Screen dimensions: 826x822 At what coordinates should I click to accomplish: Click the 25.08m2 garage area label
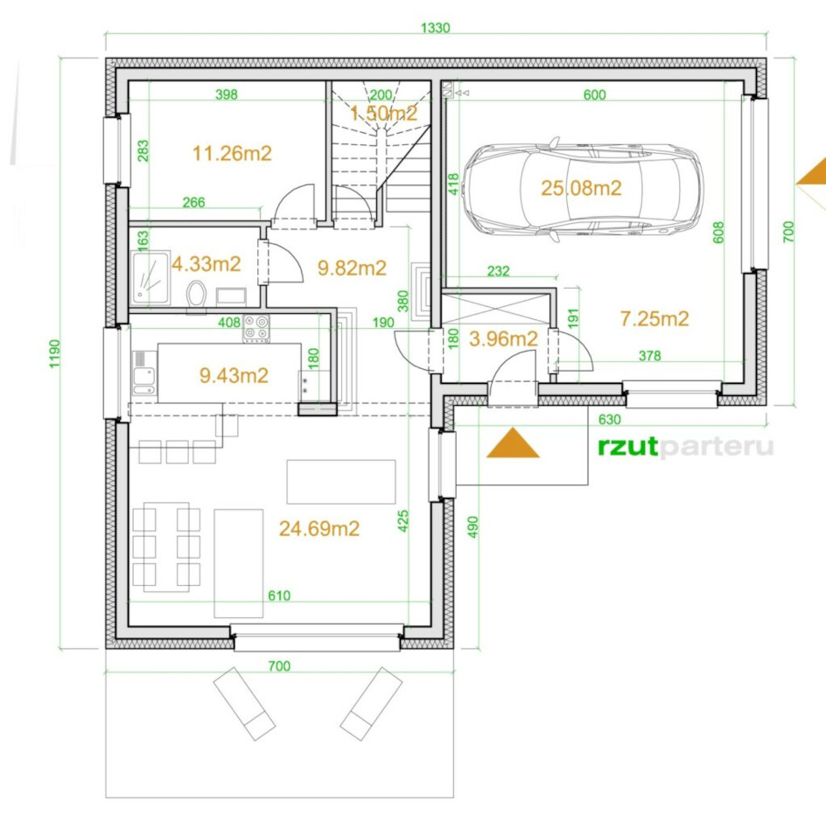point(581,188)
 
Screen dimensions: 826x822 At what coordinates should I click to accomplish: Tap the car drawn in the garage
point(582,189)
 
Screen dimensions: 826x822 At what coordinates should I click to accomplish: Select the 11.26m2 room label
point(232,154)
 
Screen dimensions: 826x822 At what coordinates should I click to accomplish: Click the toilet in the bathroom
point(197,294)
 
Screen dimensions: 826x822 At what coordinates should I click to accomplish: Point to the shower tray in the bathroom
point(150,277)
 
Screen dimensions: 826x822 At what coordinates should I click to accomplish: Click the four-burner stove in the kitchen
point(256,328)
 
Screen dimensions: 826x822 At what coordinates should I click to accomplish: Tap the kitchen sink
point(143,373)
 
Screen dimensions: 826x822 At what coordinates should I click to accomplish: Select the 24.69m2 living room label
point(319,529)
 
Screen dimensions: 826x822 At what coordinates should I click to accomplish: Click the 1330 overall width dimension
point(436,27)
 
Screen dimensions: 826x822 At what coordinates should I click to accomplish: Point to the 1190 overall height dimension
point(55,353)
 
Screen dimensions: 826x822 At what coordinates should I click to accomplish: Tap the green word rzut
point(627,447)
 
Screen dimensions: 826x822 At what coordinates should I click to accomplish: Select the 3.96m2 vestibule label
point(503,339)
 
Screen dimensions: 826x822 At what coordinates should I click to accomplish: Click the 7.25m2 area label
point(654,318)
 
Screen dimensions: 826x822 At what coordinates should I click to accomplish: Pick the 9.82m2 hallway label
point(352,268)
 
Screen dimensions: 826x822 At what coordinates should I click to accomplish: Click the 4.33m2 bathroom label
point(206,264)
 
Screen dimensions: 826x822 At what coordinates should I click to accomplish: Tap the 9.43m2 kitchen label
point(234,375)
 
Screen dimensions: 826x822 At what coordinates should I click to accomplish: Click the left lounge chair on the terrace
point(244,704)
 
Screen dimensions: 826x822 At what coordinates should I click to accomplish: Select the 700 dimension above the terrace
point(279,666)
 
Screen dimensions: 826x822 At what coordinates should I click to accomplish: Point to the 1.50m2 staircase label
point(383,113)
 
